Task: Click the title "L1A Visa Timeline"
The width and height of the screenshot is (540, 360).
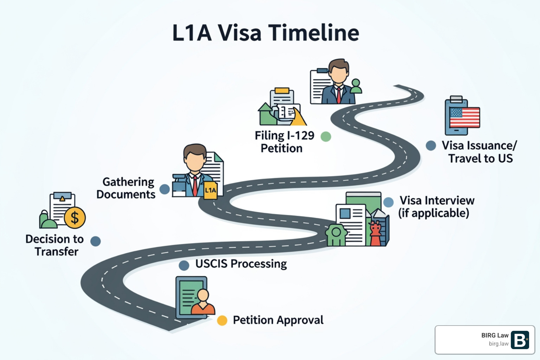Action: [265, 33]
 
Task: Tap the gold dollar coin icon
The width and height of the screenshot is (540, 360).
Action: [75, 218]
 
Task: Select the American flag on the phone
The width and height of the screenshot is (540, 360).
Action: [465, 117]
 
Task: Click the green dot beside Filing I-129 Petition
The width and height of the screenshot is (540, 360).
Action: [326, 136]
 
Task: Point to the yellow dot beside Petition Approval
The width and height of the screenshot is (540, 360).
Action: [222, 320]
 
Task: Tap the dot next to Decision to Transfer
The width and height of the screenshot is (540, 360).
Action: [96, 241]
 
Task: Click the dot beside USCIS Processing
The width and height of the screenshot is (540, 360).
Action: [184, 265]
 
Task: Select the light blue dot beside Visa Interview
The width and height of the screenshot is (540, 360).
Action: [388, 202]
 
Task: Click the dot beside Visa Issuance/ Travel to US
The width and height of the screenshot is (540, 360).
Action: [431, 146]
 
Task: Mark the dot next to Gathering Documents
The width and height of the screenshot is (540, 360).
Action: [165, 189]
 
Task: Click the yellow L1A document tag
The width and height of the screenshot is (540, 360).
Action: [210, 190]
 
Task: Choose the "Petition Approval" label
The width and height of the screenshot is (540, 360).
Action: [278, 320]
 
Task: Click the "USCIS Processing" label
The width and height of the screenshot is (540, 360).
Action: [241, 264]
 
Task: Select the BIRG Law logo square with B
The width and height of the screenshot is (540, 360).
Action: [520, 340]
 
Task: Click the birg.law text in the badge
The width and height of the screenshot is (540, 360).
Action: [498, 344]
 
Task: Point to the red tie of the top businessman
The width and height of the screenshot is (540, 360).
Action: [339, 95]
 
